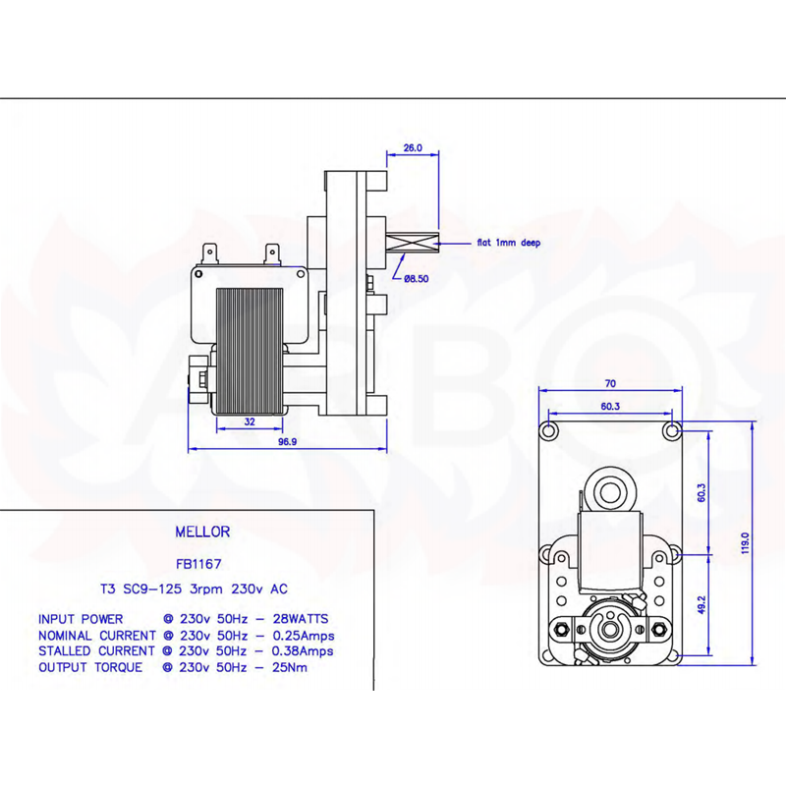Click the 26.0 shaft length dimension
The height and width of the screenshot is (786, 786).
coord(413,148)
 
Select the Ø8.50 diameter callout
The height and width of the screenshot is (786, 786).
coord(416,279)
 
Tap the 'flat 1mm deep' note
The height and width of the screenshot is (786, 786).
coord(509,243)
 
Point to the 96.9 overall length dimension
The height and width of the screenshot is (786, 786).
coord(288,441)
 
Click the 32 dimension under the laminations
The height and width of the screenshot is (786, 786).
coord(250,422)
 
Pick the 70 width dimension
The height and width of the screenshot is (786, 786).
coord(610,383)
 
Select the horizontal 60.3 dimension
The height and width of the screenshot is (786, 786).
coord(610,406)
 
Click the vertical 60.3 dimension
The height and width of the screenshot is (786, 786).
coord(702,493)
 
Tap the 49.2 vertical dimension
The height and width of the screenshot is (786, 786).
coord(702,605)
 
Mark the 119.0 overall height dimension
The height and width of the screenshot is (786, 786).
coord(745,543)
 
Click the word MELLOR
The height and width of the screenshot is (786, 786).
coord(202,532)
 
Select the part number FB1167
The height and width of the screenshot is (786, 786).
coord(198,564)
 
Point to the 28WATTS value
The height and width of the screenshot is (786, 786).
coord(301,619)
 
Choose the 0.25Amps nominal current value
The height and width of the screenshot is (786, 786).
coord(304,636)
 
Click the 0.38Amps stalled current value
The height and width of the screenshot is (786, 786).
coord(303,651)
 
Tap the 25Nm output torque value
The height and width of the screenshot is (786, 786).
coord(290,668)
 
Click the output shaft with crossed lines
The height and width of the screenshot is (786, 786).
coord(412,244)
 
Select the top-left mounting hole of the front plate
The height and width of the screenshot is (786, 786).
coord(549,430)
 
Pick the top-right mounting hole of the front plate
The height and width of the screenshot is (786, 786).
coord(672,430)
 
